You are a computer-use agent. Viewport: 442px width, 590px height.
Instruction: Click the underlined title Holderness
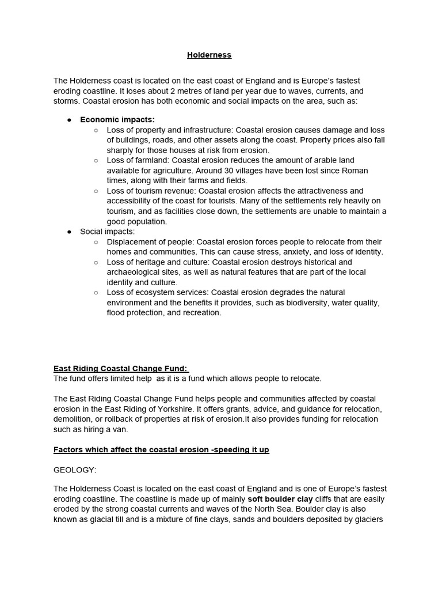point(209,55)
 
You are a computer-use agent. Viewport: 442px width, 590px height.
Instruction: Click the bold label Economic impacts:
point(117,120)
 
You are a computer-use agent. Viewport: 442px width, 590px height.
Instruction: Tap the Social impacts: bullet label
point(107,232)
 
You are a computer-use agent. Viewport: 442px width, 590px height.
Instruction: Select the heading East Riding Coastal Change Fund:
point(121,369)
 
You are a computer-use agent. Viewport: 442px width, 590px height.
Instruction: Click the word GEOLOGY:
point(75,470)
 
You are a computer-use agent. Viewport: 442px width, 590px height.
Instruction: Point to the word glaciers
point(367,519)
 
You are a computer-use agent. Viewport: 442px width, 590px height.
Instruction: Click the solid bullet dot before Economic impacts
point(69,120)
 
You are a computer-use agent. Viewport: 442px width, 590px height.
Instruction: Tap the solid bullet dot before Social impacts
point(69,232)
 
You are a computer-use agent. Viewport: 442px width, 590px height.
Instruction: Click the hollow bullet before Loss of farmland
point(96,160)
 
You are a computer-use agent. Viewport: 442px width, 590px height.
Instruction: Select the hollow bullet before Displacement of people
point(96,242)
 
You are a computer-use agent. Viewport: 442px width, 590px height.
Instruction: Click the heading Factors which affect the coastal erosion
point(161,449)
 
